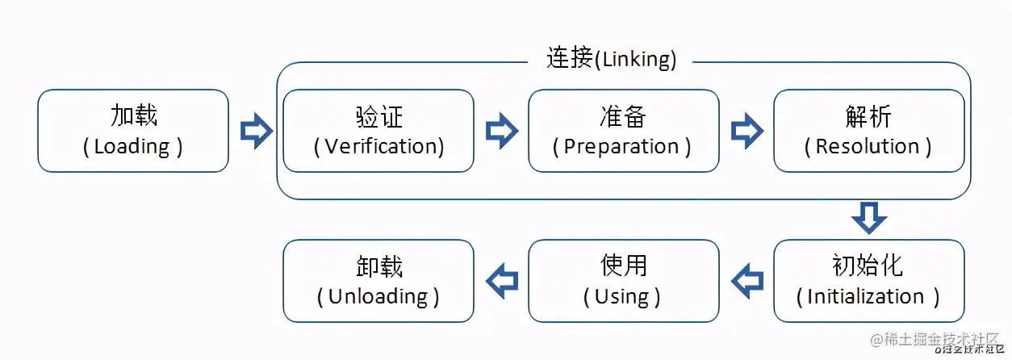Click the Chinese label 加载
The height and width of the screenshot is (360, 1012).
point(133,116)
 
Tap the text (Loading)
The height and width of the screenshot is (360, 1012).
point(133,147)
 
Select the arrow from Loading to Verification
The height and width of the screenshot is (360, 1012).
point(256,131)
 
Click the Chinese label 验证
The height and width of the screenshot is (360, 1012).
point(378,116)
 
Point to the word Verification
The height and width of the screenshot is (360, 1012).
point(383,147)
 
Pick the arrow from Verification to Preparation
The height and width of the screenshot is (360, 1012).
point(501,131)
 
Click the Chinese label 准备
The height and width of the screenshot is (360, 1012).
point(623,116)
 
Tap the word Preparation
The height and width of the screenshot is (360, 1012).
point(621,147)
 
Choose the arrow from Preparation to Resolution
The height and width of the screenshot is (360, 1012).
point(746,131)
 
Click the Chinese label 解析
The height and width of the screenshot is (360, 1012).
point(868,116)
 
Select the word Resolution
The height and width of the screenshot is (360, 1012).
point(868,147)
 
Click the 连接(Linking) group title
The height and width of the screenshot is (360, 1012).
point(611,59)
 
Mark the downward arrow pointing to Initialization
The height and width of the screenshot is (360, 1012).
point(868,217)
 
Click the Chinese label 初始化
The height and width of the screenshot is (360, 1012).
point(868,266)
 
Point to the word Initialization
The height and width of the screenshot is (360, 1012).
point(865,296)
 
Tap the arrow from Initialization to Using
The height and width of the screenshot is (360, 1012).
point(746,280)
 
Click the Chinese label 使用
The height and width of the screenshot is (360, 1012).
point(623,266)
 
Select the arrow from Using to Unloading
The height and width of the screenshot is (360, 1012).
point(501,280)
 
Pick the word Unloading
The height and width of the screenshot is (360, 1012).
point(378,296)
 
